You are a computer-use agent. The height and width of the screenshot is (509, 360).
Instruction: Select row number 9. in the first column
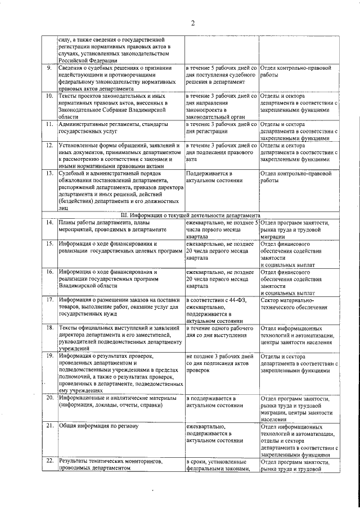coord(49,67)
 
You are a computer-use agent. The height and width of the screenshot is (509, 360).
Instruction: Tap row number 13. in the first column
coord(49,173)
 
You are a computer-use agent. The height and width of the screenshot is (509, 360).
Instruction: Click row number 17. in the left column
coord(49,299)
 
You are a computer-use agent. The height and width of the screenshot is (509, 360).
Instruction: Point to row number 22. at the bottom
coord(49,462)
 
